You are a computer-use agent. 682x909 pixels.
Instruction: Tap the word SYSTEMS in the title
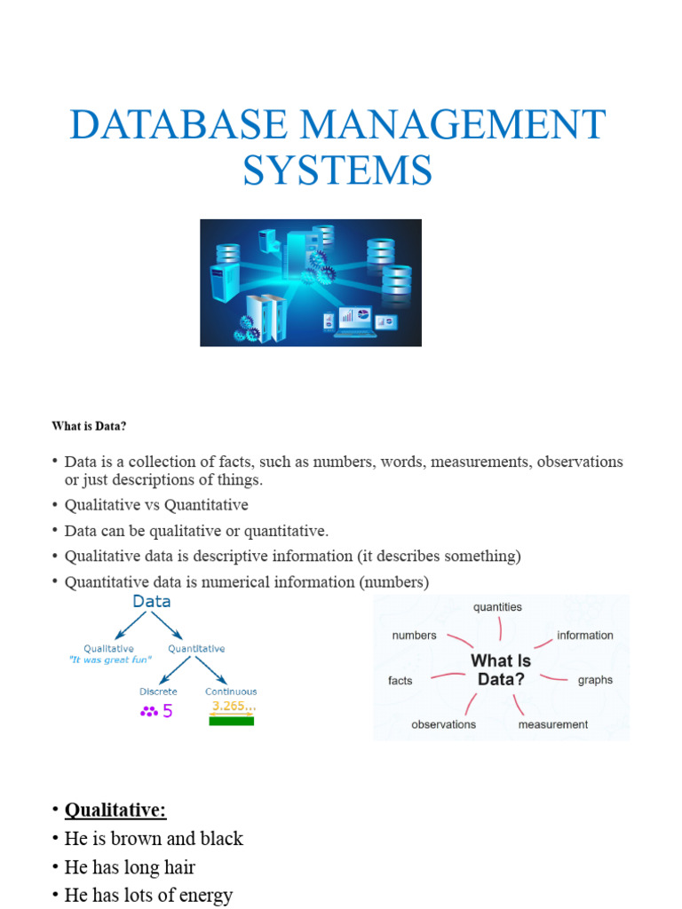point(337,170)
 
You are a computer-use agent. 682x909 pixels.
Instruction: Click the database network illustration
point(310,282)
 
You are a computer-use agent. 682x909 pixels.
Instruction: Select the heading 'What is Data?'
point(89,426)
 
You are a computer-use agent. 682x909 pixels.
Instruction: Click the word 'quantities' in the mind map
point(497,607)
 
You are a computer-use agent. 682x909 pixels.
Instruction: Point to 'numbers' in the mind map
point(414,636)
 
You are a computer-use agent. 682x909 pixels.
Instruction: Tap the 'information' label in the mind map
point(584,636)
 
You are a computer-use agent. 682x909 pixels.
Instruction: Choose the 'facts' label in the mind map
point(400,681)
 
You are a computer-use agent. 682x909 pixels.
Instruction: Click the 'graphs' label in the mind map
point(595,681)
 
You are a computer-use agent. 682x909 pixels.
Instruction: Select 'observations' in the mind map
point(443,724)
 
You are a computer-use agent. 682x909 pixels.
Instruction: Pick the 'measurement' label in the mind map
point(552,724)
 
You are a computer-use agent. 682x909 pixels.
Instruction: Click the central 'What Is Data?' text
point(500,670)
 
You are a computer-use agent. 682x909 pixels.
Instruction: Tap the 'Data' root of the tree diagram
point(152,602)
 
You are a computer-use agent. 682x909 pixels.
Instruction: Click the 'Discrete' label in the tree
point(158,692)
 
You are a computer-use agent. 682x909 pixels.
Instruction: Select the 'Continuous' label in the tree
point(231,692)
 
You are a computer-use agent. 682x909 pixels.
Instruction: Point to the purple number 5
point(167,711)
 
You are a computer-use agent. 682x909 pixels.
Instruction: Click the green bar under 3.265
point(231,722)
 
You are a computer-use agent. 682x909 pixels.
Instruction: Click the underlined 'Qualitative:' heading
point(115,810)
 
